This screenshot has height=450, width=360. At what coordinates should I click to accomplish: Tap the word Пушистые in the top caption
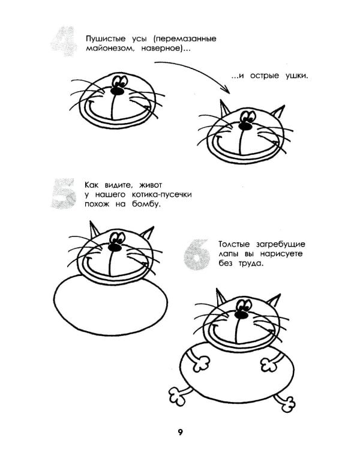point(106,39)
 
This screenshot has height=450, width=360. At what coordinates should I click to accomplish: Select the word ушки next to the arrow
point(297,76)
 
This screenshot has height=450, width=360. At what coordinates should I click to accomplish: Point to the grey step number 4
point(64,41)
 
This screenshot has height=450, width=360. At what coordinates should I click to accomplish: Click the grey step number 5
point(64,193)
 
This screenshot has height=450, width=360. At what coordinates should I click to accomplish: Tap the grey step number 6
point(197,255)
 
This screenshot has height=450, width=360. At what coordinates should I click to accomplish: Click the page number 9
point(180,432)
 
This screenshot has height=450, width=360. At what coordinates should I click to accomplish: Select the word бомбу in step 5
point(146,204)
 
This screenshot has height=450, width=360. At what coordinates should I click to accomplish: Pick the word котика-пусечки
point(161,195)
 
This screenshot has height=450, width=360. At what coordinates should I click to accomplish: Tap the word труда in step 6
point(251,263)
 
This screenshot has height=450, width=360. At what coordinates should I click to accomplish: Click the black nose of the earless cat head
point(117,91)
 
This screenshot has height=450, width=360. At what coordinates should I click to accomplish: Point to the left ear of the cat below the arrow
point(224,109)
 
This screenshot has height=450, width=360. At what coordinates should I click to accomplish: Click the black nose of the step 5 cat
point(115,247)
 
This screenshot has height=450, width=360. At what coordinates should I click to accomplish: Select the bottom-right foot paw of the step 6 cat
point(287,404)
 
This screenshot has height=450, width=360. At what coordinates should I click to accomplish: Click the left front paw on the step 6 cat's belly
point(200,364)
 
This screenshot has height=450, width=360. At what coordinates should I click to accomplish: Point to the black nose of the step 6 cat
point(241,314)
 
